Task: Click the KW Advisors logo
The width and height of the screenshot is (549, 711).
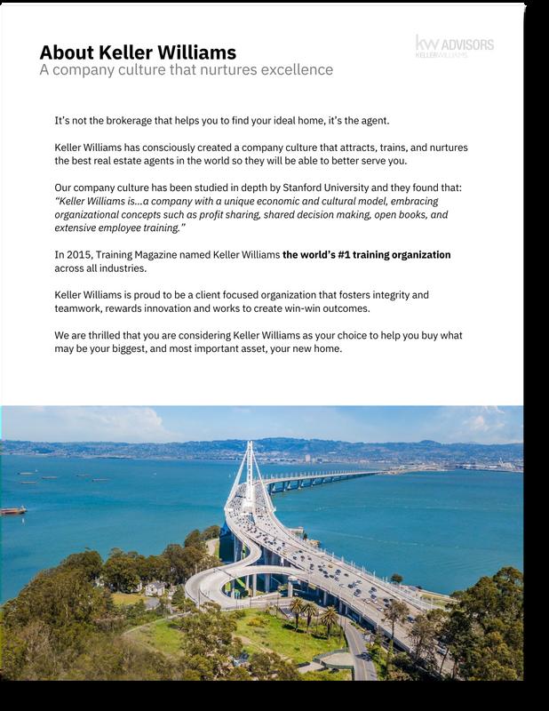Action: click(454, 46)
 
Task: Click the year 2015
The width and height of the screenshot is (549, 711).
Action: click(82, 255)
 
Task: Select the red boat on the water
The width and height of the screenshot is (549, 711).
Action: click(13, 510)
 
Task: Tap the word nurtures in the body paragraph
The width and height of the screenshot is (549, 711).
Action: click(444, 147)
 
